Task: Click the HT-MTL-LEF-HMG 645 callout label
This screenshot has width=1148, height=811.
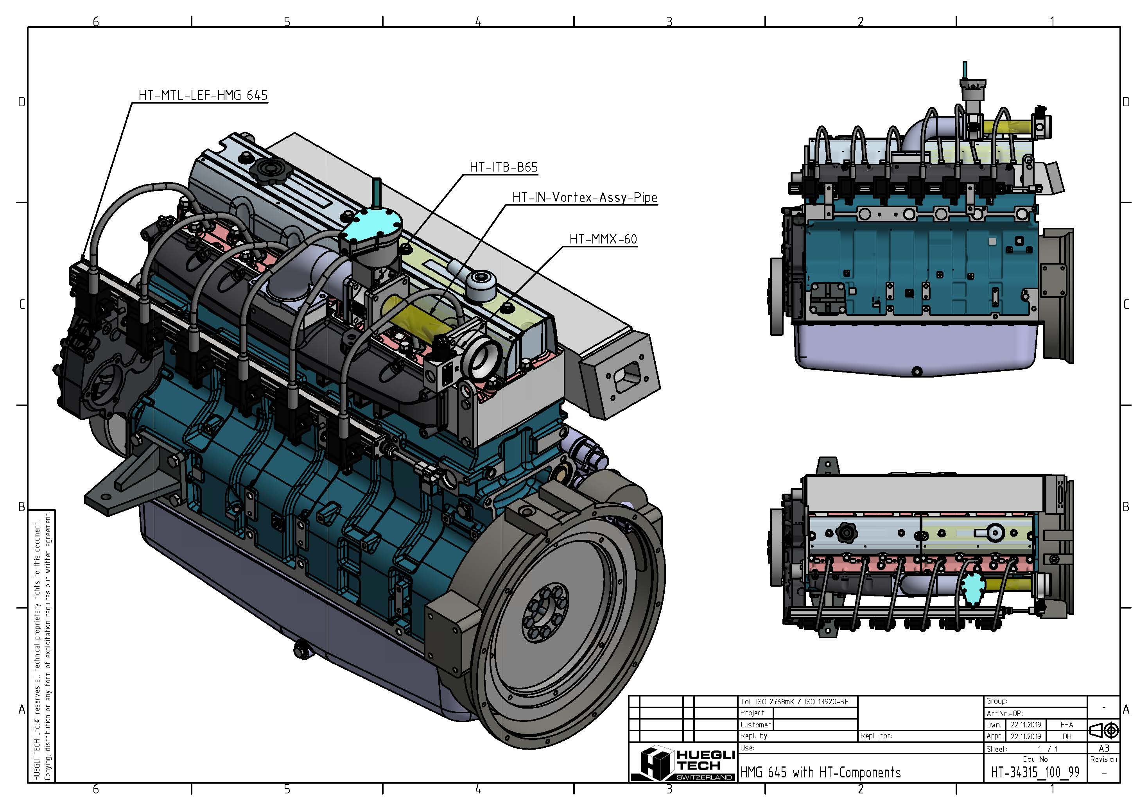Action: tap(203, 95)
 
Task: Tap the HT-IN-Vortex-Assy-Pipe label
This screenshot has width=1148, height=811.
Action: tap(584, 197)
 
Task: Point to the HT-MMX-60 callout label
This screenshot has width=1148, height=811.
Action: tap(603, 239)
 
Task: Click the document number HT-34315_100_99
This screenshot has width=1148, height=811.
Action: tap(1035, 773)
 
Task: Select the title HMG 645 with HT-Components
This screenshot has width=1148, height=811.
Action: tap(820, 773)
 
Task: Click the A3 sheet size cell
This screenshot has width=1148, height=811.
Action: tap(1103, 748)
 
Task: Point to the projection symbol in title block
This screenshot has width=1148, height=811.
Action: tap(1103, 730)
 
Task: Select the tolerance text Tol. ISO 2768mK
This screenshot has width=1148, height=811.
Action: tap(794, 702)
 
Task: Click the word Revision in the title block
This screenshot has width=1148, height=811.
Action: tap(1103, 759)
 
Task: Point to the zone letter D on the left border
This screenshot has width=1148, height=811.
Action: tap(22, 102)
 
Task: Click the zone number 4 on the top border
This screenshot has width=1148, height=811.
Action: tap(478, 21)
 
